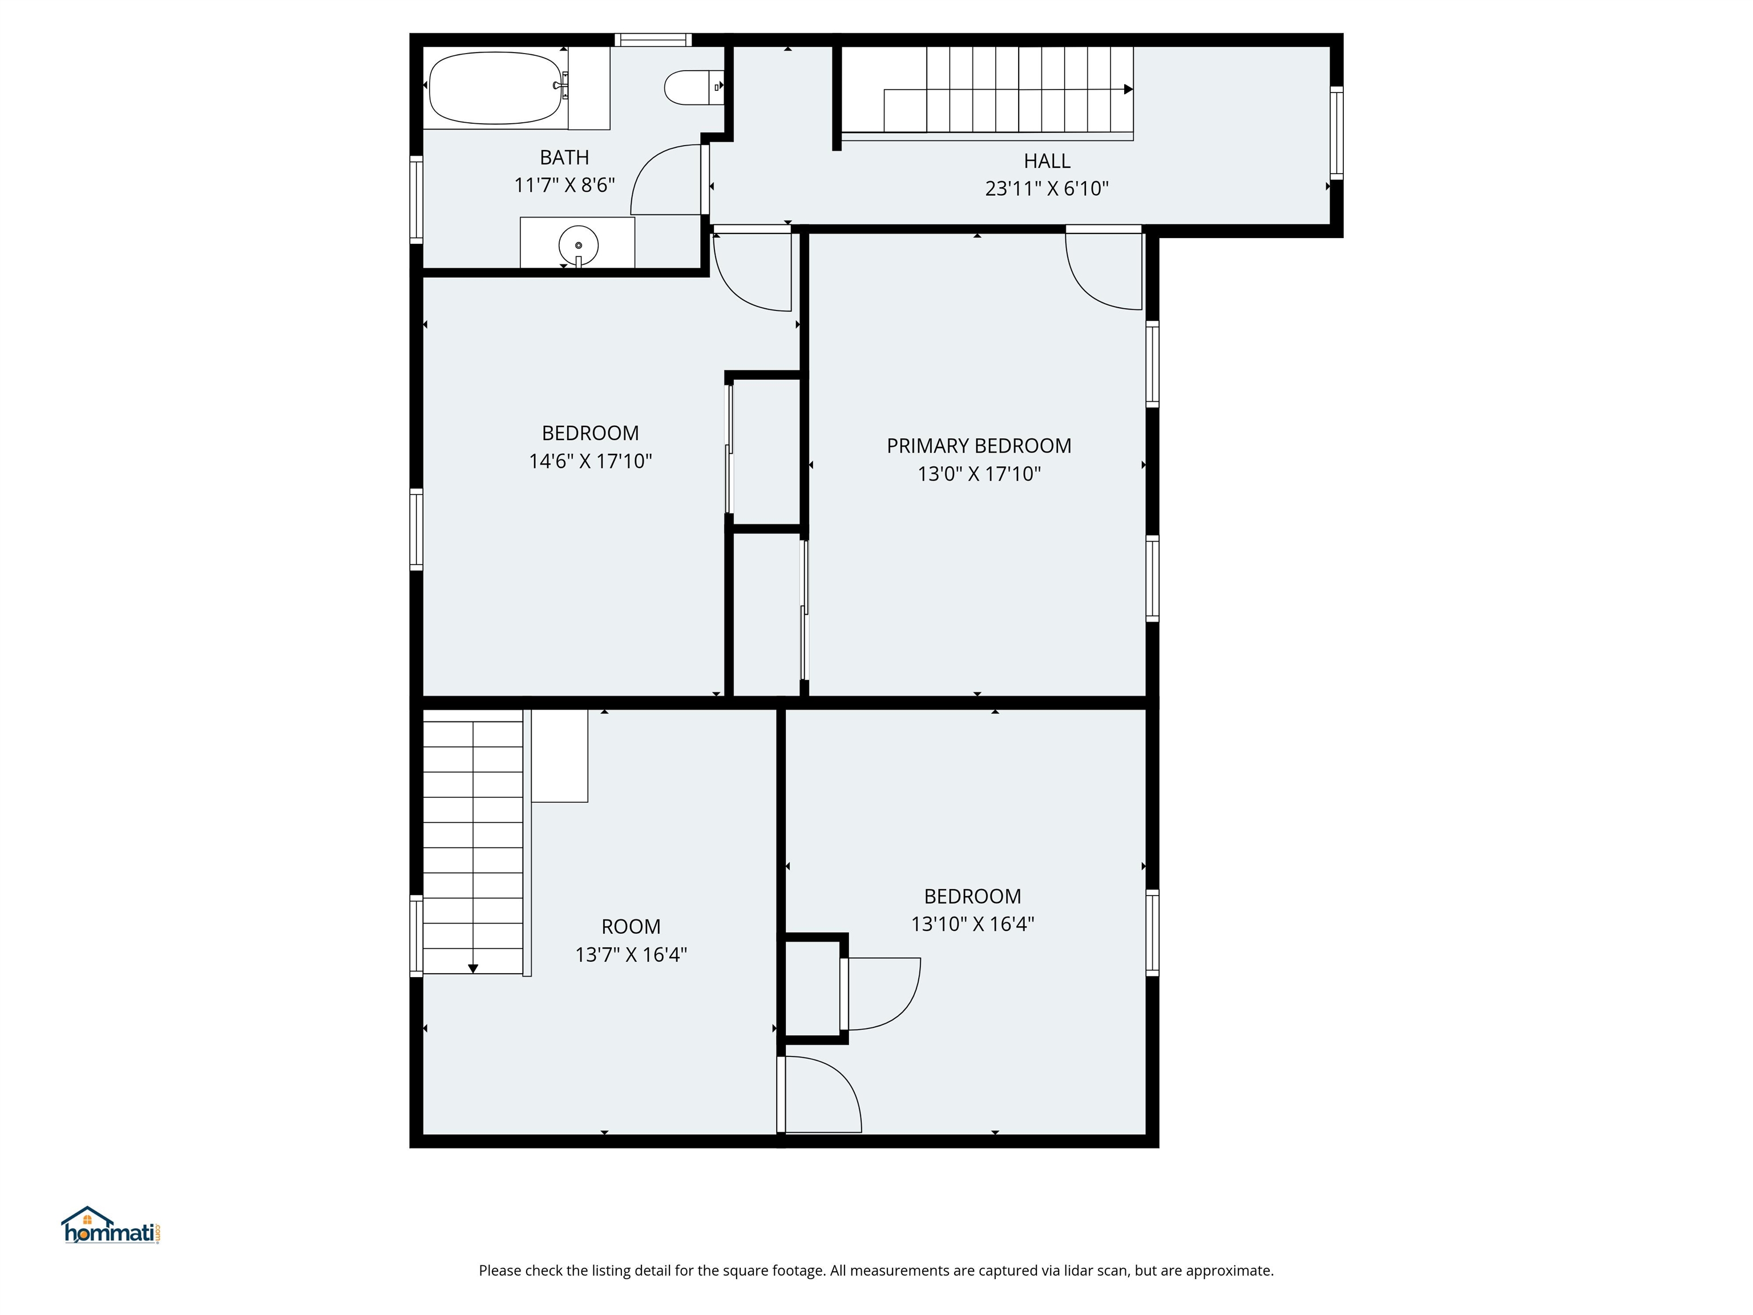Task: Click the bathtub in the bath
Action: [x=495, y=88]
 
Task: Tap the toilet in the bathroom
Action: [x=689, y=87]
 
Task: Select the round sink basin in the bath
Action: [x=577, y=246]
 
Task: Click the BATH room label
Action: [x=564, y=157]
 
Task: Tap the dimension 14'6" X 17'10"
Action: [x=591, y=461]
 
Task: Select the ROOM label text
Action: [x=631, y=926]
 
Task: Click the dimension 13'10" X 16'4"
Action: [x=972, y=924]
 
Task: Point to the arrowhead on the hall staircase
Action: [x=1128, y=90]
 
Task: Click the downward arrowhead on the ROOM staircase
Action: [x=473, y=969]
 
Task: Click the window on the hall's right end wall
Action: [x=1336, y=132]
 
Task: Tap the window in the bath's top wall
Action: [x=653, y=39]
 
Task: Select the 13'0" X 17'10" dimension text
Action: [x=979, y=474]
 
